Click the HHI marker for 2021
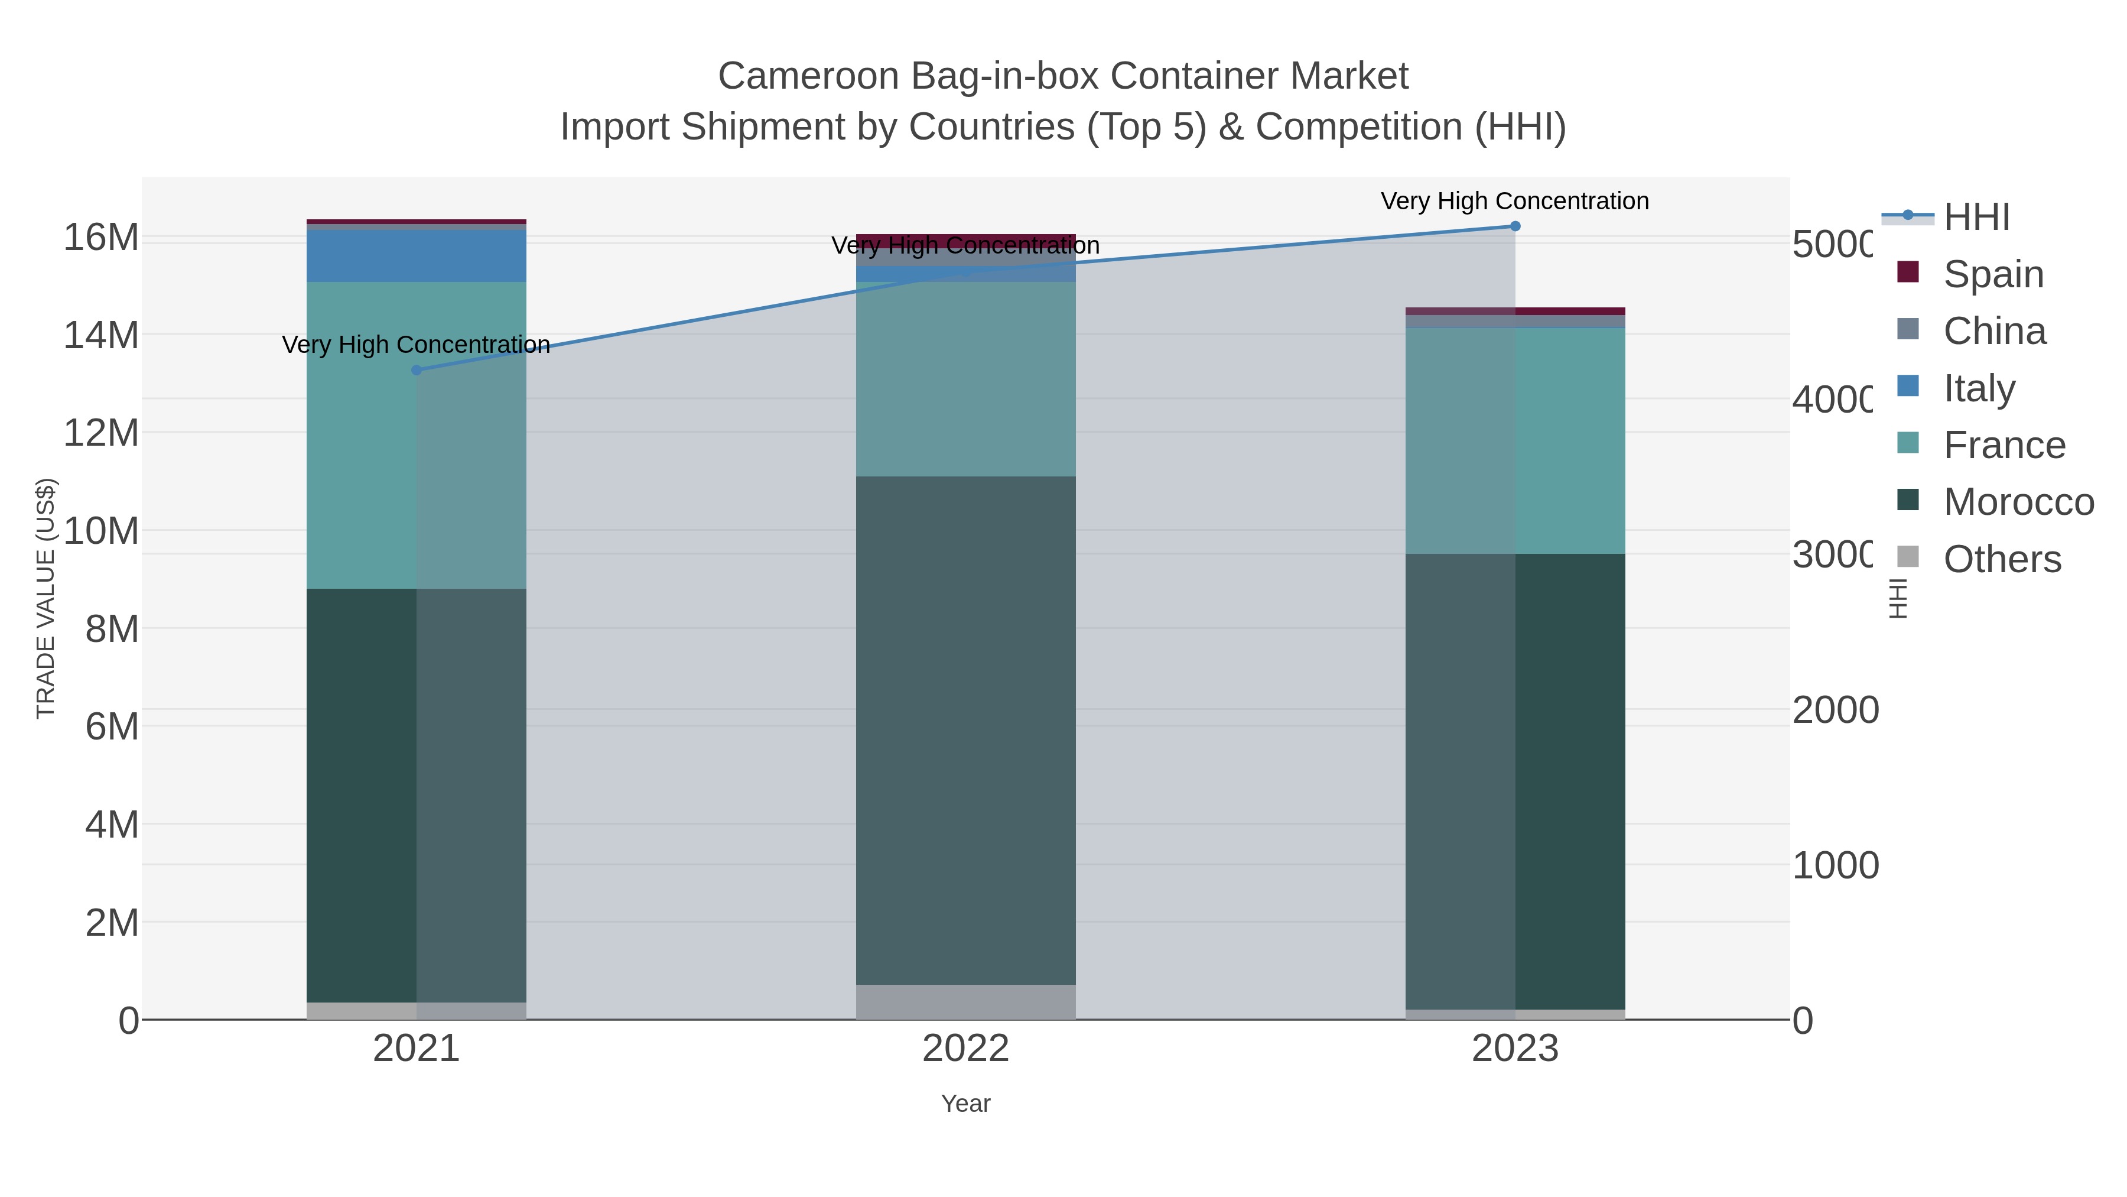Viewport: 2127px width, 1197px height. (416, 370)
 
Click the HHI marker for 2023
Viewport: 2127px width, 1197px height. (1514, 226)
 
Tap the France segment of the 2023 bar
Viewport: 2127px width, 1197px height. (1514, 440)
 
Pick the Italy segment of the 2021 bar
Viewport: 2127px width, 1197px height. (416, 256)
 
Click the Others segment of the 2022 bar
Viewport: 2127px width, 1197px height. (965, 1001)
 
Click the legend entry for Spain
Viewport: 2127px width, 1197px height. (1992, 274)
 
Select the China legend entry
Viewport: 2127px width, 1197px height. (1994, 330)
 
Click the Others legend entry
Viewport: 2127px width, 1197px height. (2002, 559)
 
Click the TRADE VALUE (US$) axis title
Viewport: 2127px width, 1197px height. (45, 598)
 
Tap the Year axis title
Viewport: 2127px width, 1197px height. (965, 1104)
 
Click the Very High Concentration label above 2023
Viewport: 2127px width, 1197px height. (1514, 201)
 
